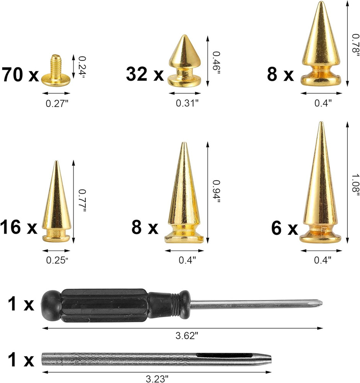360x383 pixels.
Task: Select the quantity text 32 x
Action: [x=145, y=74]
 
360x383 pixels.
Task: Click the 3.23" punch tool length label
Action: [x=157, y=378]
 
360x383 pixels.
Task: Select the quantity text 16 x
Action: [x=19, y=228]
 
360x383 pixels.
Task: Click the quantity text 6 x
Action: [x=284, y=229]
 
